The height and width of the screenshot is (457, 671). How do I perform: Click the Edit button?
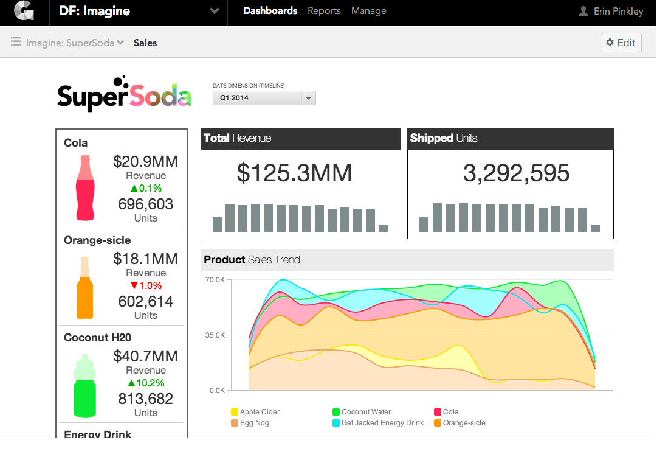(621, 43)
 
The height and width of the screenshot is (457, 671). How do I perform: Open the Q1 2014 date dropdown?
(264, 97)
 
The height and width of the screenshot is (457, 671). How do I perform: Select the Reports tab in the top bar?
(324, 11)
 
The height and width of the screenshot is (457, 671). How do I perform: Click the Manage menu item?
(368, 11)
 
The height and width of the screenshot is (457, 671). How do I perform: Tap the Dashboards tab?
(270, 11)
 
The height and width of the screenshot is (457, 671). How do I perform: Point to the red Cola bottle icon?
(86, 187)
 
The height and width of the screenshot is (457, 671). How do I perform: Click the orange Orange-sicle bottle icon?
(85, 287)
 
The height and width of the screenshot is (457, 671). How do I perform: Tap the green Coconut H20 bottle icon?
(85, 385)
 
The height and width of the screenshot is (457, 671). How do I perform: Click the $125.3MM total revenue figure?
(295, 173)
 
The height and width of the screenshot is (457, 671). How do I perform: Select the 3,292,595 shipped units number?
(516, 173)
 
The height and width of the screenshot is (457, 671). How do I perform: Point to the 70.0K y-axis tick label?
(215, 280)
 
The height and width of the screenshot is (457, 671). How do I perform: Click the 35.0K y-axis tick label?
(215, 335)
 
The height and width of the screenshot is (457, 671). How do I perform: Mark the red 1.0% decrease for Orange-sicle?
(146, 285)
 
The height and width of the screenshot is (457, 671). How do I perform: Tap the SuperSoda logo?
(125, 94)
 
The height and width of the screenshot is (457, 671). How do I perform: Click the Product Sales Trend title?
(252, 260)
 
